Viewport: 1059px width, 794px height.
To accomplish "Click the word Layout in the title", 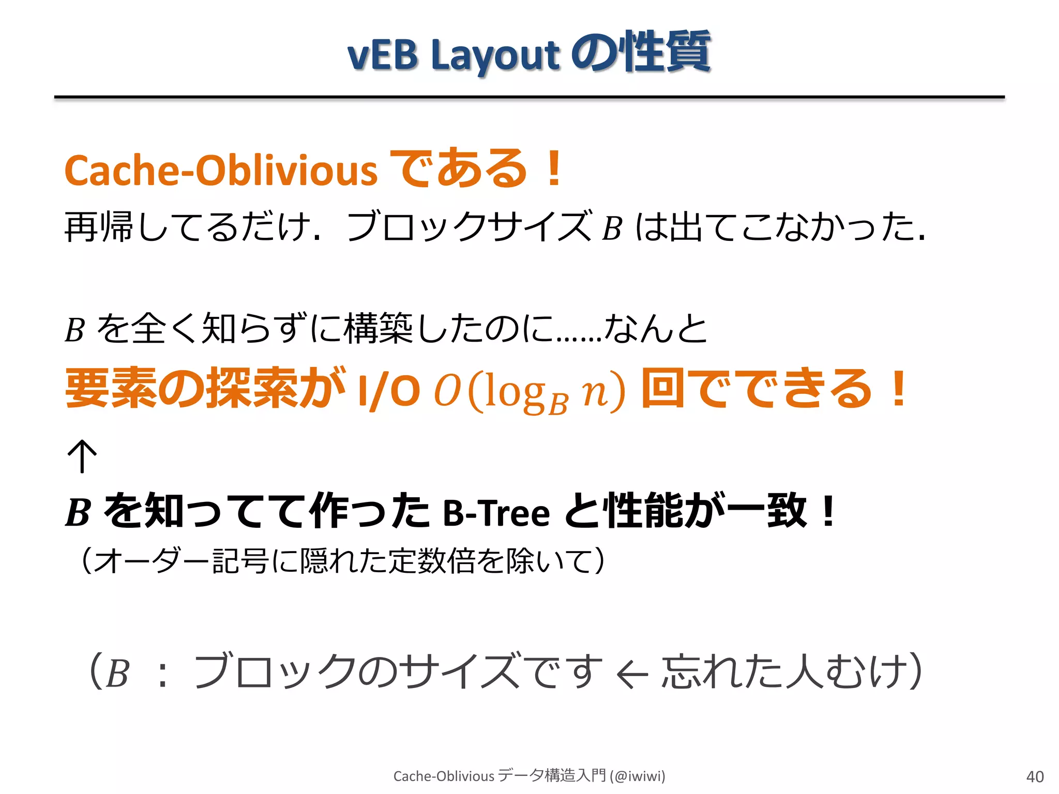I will click(x=495, y=56).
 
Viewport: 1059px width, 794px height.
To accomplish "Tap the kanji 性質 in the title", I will click(x=667, y=52).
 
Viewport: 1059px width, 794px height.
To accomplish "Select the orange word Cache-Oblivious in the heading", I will click(x=221, y=171).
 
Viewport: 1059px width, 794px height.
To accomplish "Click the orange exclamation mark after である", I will click(x=554, y=168).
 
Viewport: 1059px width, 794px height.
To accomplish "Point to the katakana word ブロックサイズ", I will click(x=468, y=226).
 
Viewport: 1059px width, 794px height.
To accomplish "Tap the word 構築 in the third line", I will click(x=377, y=329).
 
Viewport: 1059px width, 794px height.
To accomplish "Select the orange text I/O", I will click(x=388, y=390).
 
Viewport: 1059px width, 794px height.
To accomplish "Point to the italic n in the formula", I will click(x=593, y=393).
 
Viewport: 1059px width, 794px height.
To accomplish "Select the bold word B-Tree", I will click(x=496, y=513).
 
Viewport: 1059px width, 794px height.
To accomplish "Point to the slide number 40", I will click(x=1035, y=776).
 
